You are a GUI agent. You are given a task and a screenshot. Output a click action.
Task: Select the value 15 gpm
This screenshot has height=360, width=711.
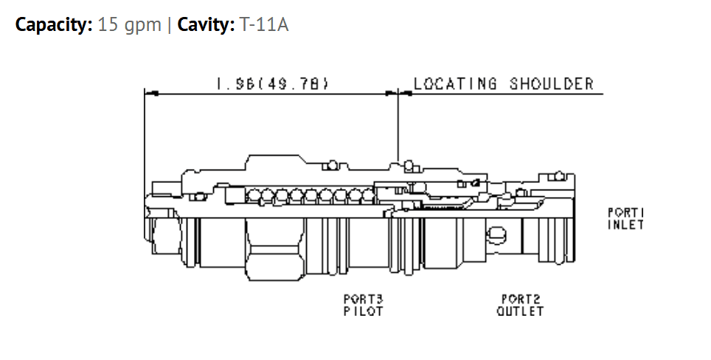click(x=130, y=24)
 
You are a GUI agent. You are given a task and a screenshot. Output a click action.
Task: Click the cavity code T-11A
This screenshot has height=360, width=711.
click(x=264, y=24)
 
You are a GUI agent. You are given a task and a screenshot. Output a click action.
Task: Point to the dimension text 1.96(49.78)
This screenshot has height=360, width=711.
click(x=272, y=84)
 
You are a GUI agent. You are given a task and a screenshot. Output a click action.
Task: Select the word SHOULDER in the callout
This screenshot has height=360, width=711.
click(x=552, y=84)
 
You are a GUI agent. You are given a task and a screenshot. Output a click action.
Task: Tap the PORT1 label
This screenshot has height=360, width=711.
click(x=626, y=212)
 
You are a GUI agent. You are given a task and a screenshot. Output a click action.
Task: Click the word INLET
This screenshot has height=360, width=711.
click(x=626, y=224)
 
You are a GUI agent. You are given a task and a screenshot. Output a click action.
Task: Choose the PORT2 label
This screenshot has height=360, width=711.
click(x=521, y=299)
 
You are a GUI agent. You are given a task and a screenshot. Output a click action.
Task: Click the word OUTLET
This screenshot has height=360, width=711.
click(x=520, y=311)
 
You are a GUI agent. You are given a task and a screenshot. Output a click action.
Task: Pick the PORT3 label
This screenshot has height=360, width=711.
click(x=363, y=299)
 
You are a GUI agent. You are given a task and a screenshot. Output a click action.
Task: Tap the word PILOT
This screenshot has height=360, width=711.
click(x=363, y=311)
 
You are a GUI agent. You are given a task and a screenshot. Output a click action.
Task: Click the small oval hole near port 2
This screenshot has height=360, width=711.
click(x=496, y=235)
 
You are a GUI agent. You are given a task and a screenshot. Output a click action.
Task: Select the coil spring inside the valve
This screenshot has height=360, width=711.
click(x=311, y=196)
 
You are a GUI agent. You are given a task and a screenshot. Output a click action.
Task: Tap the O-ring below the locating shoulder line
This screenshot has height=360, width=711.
click(x=409, y=165)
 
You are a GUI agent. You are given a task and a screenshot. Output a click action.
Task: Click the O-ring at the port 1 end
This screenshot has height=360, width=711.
click(x=558, y=176)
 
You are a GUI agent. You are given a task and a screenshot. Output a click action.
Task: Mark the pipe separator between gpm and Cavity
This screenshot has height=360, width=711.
click(x=169, y=25)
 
